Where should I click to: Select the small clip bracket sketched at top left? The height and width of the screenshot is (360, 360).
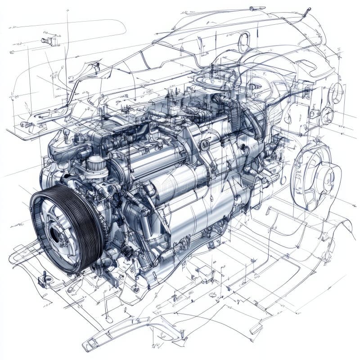pos(50,40)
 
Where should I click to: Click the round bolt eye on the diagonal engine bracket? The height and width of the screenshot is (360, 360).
pos(205,145)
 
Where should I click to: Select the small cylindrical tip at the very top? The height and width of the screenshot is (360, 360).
pos(257,9)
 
